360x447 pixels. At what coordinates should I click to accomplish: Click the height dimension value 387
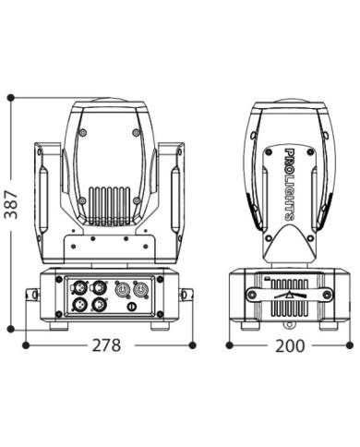click(x=11, y=205)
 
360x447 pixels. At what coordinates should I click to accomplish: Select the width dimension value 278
click(x=107, y=345)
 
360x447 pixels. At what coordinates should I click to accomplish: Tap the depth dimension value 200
click(x=290, y=345)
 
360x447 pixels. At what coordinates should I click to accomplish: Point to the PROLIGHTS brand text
click(x=290, y=185)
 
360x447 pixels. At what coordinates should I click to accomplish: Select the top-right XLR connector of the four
click(x=99, y=288)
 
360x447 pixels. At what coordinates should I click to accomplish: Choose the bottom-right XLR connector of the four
click(x=98, y=305)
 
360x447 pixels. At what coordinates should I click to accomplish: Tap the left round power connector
click(x=121, y=290)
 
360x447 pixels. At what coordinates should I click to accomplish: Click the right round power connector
click(x=139, y=290)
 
